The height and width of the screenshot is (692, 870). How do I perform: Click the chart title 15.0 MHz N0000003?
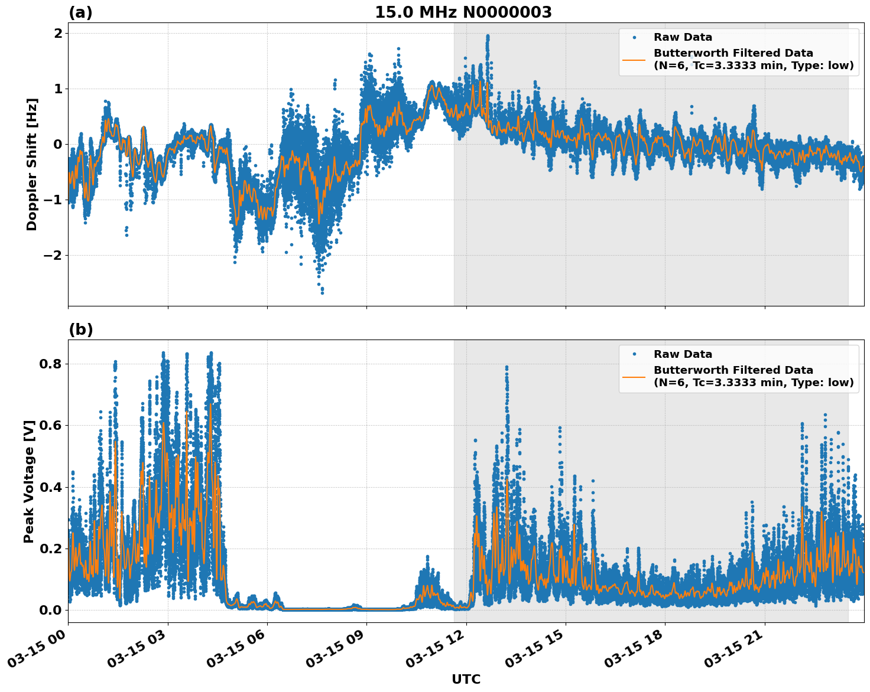pyautogui.click(x=463, y=12)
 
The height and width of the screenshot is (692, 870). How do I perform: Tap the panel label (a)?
pyautogui.click(x=80, y=12)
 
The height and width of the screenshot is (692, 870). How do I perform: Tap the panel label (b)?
pyautogui.click(x=80, y=329)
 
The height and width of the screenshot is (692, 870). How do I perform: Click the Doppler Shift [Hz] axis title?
pyautogui.click(x=32, y=164)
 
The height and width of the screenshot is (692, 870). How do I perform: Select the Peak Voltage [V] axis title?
pyautogui.click(x=29, y=481)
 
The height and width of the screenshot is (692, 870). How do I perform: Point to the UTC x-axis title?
pyautogui.click(x=466, y=679)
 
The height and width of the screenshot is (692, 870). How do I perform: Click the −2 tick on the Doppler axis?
pyautogui.click(x=52, y=255)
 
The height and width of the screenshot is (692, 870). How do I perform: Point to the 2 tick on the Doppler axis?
pyautogui.click(x=58, y=33)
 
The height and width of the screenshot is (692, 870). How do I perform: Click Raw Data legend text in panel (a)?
pyautogui.click(x=683, y=37)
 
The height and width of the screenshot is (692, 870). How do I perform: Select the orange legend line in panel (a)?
pyautogui.click(x=634, y=59)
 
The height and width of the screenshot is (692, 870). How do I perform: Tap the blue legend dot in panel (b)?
pyautogui.click(x=634, y=354)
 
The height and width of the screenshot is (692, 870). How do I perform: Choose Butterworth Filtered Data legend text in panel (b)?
pyautogui.click(x=733, y=370)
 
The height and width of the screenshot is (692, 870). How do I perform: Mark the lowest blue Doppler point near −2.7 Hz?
pyautogui.click(x=322, y=292)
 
